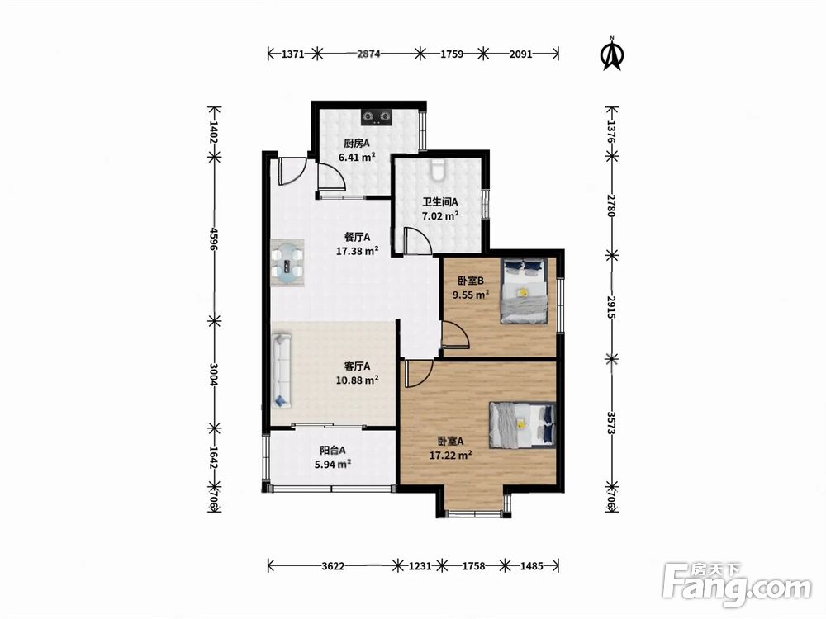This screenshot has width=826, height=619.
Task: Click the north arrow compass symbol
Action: (x=612, y=54)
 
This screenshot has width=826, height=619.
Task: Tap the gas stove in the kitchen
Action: (x=377, y=116)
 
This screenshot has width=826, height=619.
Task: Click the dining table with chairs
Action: (x=287, y=262)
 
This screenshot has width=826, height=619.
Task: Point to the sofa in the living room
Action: (x=282, y=370)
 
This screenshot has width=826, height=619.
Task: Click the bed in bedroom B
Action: (x=524, y=291)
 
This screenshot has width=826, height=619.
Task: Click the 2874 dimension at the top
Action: (x=368, y=54)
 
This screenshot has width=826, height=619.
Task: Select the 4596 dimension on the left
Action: (x=214, y=239)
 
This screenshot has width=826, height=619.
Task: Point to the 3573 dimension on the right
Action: (x=611, y=423)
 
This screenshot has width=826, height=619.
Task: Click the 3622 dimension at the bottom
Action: (x=333, y=566)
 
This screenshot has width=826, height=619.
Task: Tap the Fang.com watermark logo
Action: (x=737, y=584)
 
